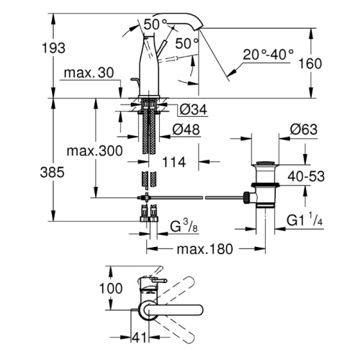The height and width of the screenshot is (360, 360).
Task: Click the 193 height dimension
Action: point(53,48)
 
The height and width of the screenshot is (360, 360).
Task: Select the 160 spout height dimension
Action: point(310,63)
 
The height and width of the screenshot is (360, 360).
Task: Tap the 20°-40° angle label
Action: point(268,55)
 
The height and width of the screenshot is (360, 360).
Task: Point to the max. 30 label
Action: point(89,73)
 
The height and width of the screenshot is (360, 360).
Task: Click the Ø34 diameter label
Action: point(194,110)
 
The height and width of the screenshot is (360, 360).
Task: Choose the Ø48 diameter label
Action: point(186,130)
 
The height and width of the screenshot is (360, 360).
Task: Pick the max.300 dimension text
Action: point(94,151)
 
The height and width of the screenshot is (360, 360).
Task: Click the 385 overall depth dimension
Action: point(52,172)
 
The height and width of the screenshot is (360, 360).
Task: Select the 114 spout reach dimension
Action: point(174,162)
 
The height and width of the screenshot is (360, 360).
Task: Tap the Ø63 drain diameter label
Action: point(304,130)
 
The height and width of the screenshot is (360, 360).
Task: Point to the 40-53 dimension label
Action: point(306,176)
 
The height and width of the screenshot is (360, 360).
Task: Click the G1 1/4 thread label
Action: point(305,220)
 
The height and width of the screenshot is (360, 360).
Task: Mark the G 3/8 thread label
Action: point(184,226)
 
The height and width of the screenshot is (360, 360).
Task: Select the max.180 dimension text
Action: point(204,249)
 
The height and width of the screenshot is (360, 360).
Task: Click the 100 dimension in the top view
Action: point(111,288)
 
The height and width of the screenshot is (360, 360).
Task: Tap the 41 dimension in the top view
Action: point(139,338)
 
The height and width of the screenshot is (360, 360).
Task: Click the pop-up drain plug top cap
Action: point(265,163)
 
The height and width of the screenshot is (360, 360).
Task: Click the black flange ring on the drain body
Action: point(265,185)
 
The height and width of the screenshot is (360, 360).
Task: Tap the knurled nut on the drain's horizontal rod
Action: point(246,197)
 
